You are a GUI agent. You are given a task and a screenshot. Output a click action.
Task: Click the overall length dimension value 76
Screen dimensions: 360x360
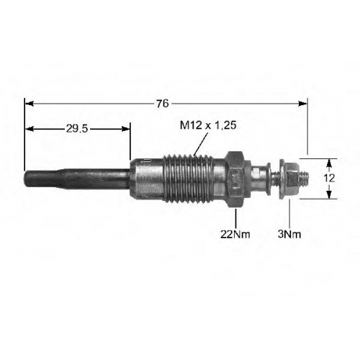click(x=163, y=104)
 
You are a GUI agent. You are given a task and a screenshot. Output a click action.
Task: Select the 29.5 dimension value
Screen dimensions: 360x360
click(x=77, y=129)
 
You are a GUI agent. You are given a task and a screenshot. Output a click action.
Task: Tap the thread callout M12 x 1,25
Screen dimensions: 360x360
click(x=208, y=125)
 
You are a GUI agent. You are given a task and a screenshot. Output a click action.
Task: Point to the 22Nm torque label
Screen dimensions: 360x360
click(x=235, y=234)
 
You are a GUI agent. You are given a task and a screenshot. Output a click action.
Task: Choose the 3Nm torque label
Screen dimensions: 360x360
click(x=289, y=234)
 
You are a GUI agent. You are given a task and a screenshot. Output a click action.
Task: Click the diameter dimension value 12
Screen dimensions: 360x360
click(x=329, y=179)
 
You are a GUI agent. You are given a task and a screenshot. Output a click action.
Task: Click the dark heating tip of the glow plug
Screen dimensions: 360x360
click(x=77, y=179)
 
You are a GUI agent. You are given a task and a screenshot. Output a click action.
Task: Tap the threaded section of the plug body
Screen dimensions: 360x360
click(x=188, y=179)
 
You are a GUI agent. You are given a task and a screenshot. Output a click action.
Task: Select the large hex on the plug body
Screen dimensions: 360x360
click(x=235, y=179)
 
